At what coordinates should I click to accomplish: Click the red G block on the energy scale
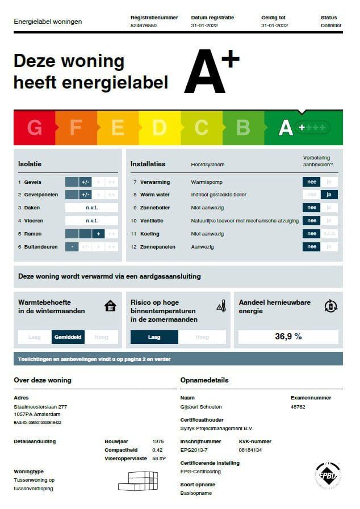pyautogui.click(x=34, y=128)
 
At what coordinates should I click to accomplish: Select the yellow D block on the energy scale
pyautogui.click(x=159, y=128)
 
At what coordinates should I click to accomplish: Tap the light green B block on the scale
pyautogui.click(x=243, y=128)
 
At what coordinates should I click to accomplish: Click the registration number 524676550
pyautogui.click(x=144, y=26)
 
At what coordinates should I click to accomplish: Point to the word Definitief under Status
pyautogui.click(x=331, y=26)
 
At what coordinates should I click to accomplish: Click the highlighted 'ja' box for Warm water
pyautogui.click(x=329, y=195)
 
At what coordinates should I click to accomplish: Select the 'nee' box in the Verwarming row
pyautogui.click(x=311, y=182)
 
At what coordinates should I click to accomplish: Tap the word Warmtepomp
pyautogui.click(x=207, y=182)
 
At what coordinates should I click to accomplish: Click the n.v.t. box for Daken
pyautogui.click(x=91, y=208)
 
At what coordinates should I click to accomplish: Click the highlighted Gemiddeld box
pyautogui.click(x=68, y=337)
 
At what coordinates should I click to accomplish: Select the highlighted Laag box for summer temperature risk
pyautogui.click(x=154, y=337)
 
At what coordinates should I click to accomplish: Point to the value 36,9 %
pyautogui.click(x=288, y=336)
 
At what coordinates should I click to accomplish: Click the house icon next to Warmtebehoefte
pyautogui.click(x=110, y=306)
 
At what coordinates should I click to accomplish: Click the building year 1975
pyautogui.click(x=159, y=441)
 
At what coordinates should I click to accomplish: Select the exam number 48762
pyautogui.click(x=298, y=407)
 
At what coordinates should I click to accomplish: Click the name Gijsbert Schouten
pyautogui.click(x=201, y=407)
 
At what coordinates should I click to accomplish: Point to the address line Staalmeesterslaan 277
pyautogui.click(x=40, y=407)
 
